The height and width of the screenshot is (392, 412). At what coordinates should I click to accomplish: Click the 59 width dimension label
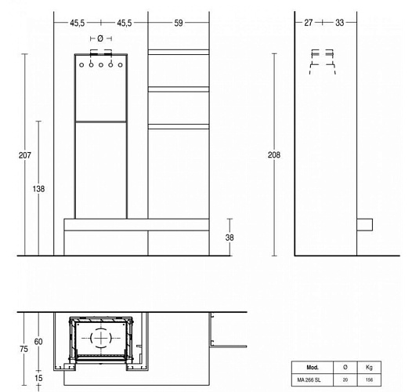(179, 24)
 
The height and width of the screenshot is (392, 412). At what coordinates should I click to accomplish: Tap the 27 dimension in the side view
(308, 24)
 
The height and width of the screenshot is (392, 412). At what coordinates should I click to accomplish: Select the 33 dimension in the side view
(339, 24)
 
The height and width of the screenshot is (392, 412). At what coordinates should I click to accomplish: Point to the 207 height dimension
(24, 155)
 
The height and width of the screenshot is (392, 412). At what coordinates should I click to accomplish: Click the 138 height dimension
(39, 189)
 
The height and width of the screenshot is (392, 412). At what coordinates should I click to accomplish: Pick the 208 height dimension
(273, 155)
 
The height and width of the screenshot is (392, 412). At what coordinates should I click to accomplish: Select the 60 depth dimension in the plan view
(38, 342)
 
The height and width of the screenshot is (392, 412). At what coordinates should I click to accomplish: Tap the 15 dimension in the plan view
(38, 378)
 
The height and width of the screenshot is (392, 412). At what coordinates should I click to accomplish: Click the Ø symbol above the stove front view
(100, 38)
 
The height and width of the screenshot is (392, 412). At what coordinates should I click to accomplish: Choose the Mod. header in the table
(312, 367)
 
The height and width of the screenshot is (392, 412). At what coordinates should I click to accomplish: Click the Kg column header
(369, 367)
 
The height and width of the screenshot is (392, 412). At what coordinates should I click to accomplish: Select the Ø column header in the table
(345, 367)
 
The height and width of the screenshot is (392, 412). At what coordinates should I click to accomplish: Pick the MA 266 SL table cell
(312, 379)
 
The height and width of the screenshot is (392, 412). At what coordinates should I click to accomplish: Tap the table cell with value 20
(345, 379)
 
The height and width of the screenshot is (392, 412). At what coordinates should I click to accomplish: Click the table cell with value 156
(369, 379)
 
